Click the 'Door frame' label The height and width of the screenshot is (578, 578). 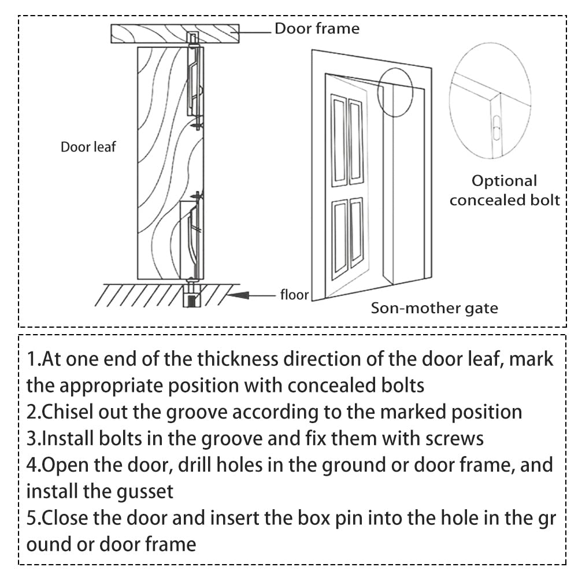[x=316, y=28]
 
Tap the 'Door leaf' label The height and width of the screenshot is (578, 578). [x=88, y=147]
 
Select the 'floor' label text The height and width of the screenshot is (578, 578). [x=295, y=295]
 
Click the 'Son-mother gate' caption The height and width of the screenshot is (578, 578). [x=434, y=307]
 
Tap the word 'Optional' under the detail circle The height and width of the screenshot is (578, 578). [x=505, y=181]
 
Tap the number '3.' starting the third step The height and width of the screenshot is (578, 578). [x=34, y=438]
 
